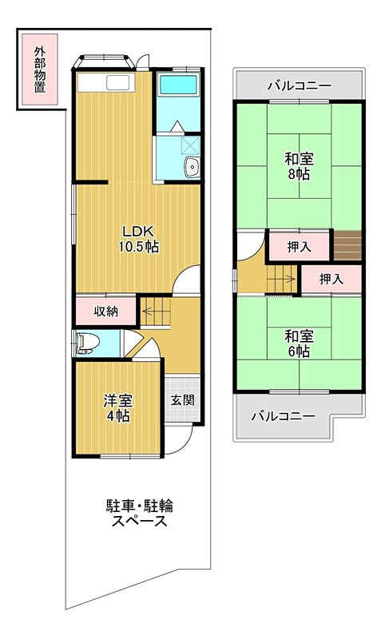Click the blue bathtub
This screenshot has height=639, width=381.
click(x=177, y=93)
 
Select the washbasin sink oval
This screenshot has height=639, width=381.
click(x=192, y=166)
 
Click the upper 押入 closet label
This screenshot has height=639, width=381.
click(x=299, y=247)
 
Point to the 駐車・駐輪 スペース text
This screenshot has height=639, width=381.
click(x=139, y=514)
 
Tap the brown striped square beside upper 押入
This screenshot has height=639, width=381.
click(x=347, y=245)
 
